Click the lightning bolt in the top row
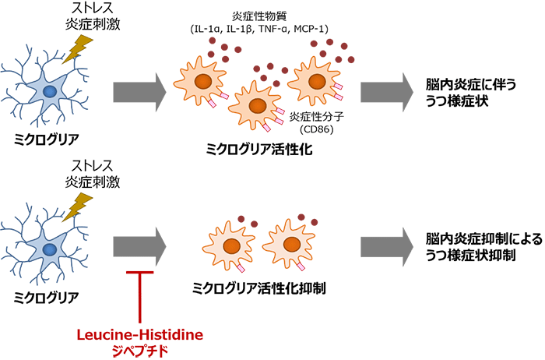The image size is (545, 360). [77, 48]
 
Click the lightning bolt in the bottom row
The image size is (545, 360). [77, 206]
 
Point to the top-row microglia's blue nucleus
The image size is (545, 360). [49, 92]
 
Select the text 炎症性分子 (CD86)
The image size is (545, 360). [311, 122]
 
